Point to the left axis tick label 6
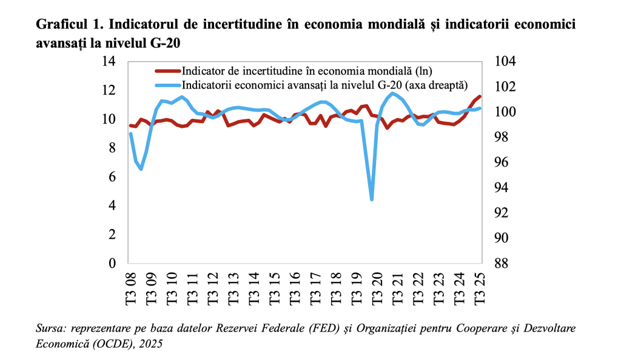[112, 177]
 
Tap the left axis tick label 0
[112, 264]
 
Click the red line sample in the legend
[167, 71]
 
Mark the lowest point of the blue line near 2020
[372, 199]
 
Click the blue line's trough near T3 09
[141, 169]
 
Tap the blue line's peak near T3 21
[392, 93]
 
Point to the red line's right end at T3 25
[480, 96]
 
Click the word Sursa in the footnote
[51, 329]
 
